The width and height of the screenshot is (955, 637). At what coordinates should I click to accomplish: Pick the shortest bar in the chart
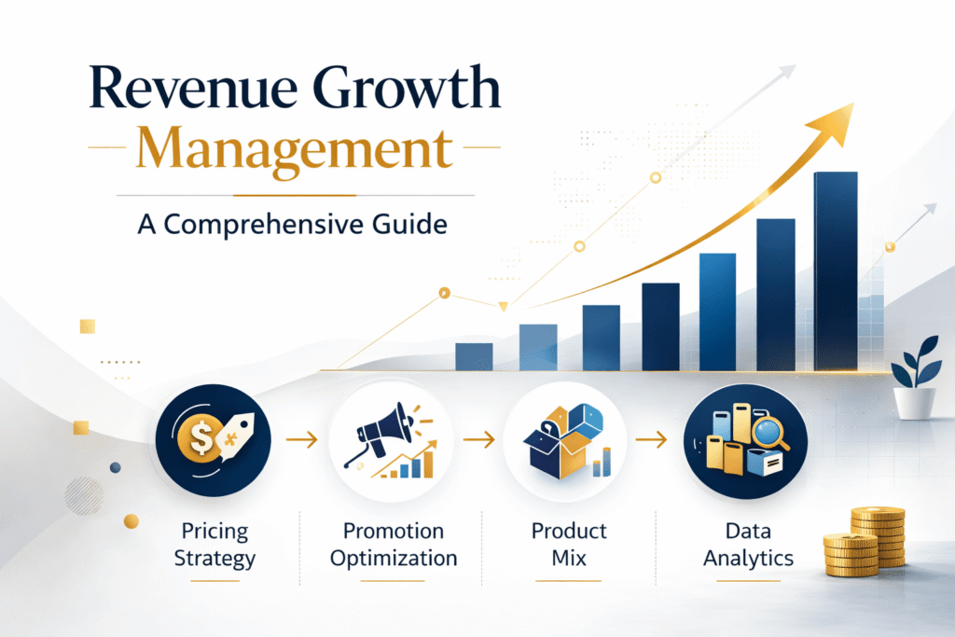point(474,355)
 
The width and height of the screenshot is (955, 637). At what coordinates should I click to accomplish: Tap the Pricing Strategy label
point(215,544)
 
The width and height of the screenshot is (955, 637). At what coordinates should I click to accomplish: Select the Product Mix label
point(569,544)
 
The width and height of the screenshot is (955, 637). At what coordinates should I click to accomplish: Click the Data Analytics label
point(749,544)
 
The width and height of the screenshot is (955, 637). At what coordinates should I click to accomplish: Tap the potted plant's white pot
point(914,402)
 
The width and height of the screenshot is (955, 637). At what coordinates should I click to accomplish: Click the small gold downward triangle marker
point(504,306)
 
